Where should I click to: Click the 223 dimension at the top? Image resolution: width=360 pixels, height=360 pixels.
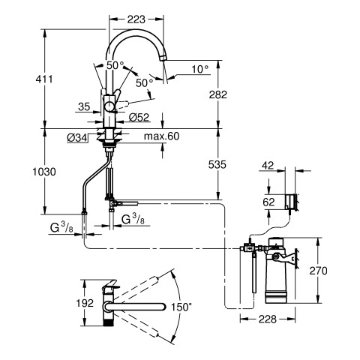click(x=136, y=19)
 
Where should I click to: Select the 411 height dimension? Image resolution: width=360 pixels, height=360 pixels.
click(x=44, y=79)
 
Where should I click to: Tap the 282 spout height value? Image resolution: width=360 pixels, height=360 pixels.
click(x=218, y=94)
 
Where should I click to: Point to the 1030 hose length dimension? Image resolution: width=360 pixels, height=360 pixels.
click(x=44, y=172)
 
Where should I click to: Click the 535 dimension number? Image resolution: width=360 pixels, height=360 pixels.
click(x=217, y=164)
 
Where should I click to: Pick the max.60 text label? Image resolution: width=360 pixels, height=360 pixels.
click(x=162, y=136)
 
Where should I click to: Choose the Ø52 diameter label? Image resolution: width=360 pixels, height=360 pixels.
click(x=139, y=117)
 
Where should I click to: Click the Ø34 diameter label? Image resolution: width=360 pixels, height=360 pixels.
click(x=77, y=137)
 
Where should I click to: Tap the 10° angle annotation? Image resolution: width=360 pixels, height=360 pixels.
click(x=200, y=69)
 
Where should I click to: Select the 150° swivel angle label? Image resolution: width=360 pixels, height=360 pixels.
click(x=181, y=307)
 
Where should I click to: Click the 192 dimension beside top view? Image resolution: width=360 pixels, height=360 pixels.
click(x=85, y=303)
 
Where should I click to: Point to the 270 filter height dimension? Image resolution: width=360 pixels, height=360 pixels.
click(x=318, y=271)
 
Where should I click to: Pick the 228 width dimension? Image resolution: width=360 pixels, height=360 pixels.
click(x=268, y=319)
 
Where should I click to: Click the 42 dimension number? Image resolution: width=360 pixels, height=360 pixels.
click(x=268, y=166)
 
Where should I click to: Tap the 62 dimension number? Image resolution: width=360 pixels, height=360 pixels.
click(x=268, y=202)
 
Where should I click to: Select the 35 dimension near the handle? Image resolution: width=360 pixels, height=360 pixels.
click(x=84, y=106)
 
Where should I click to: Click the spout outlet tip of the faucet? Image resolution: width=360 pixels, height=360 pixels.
click(x=163, y=57)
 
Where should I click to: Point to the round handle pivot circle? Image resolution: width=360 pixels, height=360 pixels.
click(x=109, y=106)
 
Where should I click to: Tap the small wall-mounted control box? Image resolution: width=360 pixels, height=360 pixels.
click(x=289, y=202)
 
